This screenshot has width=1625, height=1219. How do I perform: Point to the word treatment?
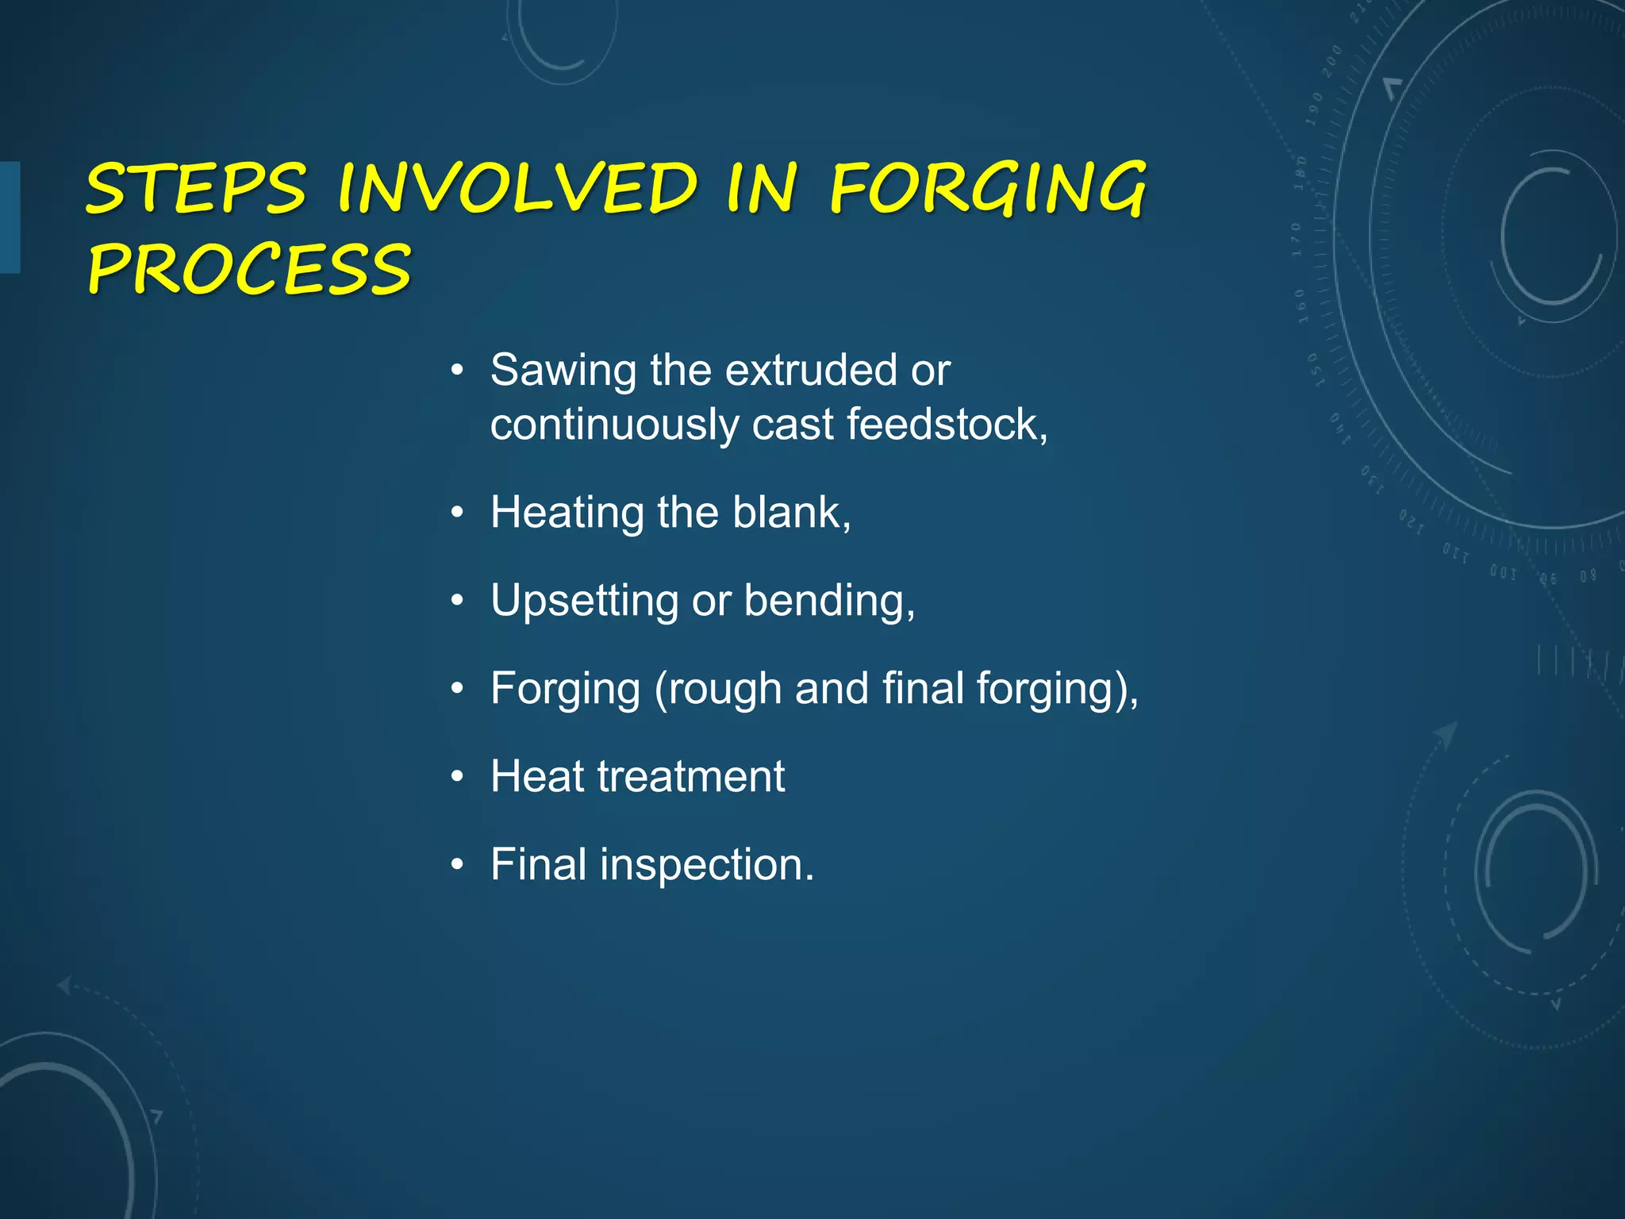pos(691,776)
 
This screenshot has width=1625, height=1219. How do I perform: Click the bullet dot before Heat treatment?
pos(456,777)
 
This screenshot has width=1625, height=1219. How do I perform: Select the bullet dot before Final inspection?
pos(456,865)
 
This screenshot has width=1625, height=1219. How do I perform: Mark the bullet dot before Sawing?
pos(456,371)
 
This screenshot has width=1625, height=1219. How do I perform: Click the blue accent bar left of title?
pos(10,217)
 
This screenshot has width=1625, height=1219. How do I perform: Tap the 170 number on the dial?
pos(1297,239)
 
